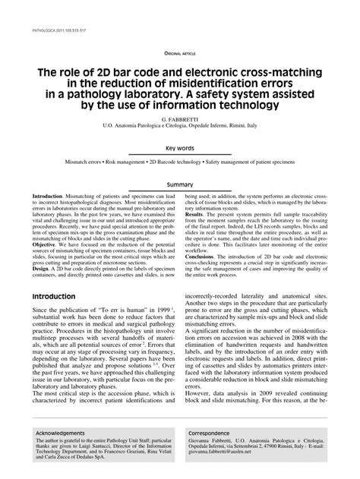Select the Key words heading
pos(179,149)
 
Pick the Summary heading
pos(179,184)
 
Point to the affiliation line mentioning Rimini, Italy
pos(179,128)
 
